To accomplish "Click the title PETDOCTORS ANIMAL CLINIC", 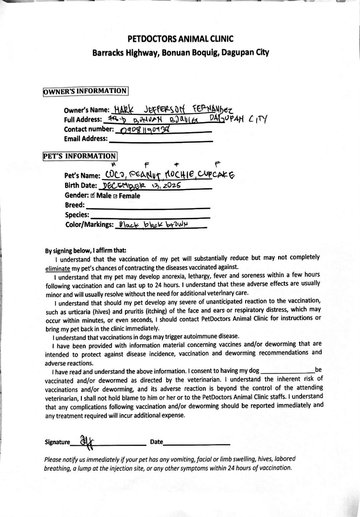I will pos(180,39).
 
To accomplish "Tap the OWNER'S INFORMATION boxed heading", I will pos(85,91).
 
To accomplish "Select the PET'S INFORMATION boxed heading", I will pos(79,156).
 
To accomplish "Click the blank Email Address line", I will pos(161,140).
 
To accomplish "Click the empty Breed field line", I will pos(148,206).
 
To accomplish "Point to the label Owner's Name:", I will pos(87,110).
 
